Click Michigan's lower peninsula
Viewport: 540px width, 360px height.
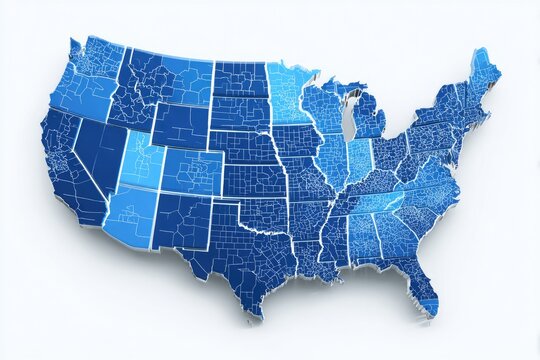click(x=369, y=120)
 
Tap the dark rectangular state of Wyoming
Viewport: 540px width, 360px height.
click(x=180, y=126)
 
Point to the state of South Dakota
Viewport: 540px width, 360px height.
click(x=240, y=113)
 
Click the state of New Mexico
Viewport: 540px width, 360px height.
click(x=181, y=220)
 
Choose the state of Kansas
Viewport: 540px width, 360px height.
click(x=254, y=180)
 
